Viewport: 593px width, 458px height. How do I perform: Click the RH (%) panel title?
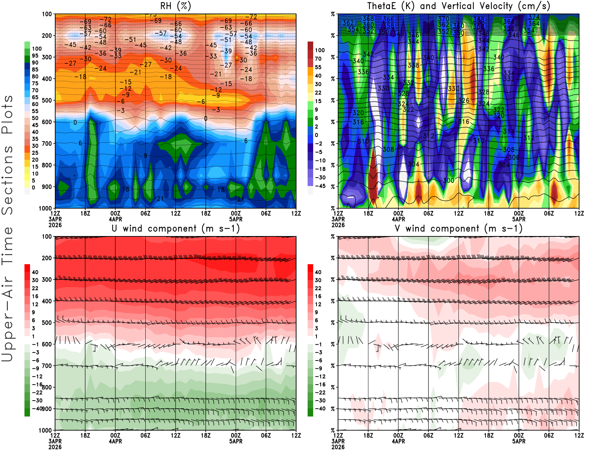(176, 6)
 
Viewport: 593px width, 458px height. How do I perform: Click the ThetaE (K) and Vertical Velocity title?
(458, 6)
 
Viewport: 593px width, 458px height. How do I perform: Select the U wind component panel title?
(176, 228)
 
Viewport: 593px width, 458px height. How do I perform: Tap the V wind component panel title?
(458, 228)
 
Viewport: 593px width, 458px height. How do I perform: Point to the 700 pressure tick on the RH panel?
(47, 143)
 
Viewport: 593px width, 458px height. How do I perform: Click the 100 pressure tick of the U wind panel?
(47, 236)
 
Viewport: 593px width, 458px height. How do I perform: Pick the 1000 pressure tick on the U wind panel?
(46, 430)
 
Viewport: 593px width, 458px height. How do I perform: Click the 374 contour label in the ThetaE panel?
(534, 17)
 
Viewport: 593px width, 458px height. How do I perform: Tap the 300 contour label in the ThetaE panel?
(448, 180)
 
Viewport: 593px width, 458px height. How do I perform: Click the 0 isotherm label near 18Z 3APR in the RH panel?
(75, 122)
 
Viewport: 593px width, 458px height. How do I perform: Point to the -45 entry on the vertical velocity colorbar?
(320, 186)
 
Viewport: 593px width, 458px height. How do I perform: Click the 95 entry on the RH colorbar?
(35, 56)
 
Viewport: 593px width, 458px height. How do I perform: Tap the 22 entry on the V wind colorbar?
(318, 288)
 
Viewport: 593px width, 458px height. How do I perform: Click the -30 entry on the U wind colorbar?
(37, 401)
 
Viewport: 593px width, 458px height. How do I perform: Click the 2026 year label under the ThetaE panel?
(338, 225)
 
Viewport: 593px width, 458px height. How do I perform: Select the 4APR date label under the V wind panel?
(398, 441)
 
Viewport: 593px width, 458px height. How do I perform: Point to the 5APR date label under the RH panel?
(236, 219)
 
